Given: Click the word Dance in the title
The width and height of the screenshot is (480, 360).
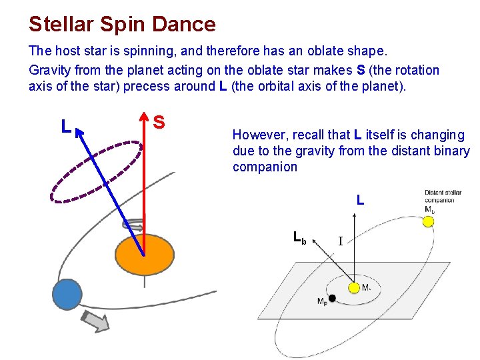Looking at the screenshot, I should (x=185, y=25).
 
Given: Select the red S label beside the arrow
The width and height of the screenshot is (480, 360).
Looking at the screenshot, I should (x=159, y=122).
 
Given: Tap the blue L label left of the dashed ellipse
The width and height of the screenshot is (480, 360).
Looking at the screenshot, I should (x=65, y=126).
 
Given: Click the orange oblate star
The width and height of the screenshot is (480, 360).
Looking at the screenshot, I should (x=144, y=254).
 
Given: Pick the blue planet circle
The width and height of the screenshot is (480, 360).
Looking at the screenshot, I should (x=67, y=294).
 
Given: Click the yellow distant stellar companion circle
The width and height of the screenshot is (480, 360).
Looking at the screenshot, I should (x=429, y=221).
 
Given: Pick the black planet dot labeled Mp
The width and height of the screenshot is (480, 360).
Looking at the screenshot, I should (x=332, y=298).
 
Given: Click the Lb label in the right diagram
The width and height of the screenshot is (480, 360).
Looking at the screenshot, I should (x=300, y=237).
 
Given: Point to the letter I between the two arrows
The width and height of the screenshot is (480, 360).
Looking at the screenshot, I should (x=340, y=241).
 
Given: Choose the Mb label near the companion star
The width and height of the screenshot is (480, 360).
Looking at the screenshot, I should (x=430, y=209).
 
